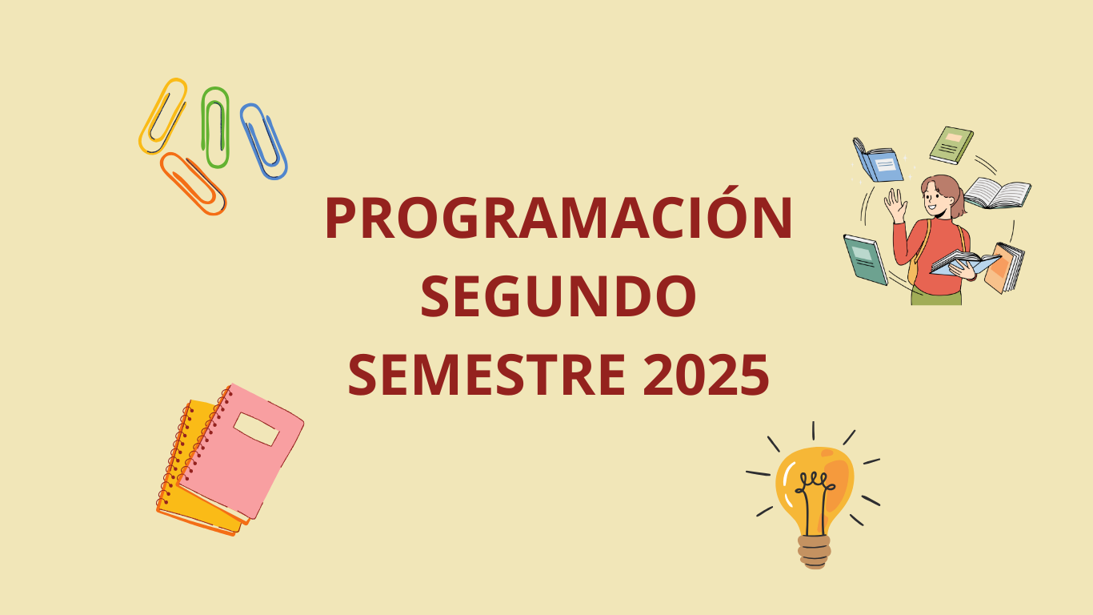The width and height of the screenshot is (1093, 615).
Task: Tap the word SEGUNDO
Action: click(x=559, y=296)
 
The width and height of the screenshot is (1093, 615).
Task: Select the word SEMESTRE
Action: click(x=486, y=375)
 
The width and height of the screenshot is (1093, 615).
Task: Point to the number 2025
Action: click(x=706, y=375)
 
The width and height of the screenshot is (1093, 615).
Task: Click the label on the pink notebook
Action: click(x=256, y=429)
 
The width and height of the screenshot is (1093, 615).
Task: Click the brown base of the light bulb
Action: click(x=815, y=552)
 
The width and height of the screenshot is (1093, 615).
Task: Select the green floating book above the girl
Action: click(x=951, y=145)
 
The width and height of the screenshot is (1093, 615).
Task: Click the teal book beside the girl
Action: click(x=866, y=260)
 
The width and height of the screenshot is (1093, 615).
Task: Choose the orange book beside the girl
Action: click(x=1004, y=268)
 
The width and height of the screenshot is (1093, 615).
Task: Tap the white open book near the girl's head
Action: click(x=997, y=194)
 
